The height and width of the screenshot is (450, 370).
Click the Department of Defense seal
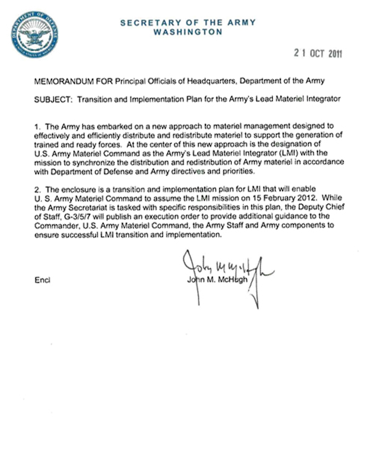click(34, 34)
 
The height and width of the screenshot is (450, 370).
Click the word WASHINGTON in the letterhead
click(188, 32)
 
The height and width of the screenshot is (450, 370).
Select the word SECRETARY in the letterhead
click(147, 23)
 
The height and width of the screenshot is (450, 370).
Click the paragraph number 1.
click(36, 126)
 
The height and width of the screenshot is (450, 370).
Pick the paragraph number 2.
click(36, 190)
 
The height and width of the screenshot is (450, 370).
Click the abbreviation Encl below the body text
click(42, 280)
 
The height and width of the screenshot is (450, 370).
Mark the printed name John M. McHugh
click(217, 280)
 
